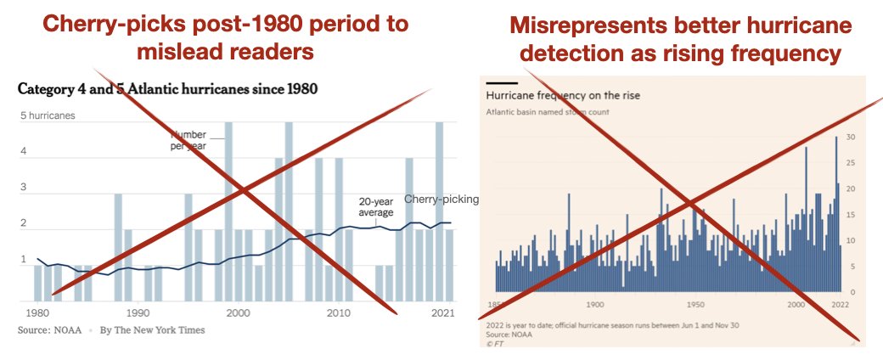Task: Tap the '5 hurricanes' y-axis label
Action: [48, 115]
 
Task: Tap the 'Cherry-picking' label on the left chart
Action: [441, 199]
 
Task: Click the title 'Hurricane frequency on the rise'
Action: [562, 96]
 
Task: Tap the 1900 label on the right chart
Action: [595, 304]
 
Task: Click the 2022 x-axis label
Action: [840, 304]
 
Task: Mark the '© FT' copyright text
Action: [493, 343]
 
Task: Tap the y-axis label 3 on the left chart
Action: [23, 188]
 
